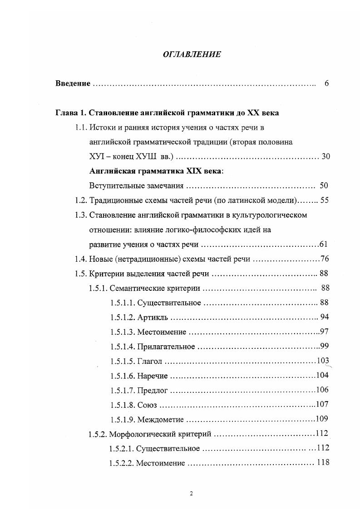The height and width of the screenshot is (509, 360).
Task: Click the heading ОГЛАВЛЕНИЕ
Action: coord(191,54)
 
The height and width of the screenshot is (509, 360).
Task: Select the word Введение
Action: coord(73,84)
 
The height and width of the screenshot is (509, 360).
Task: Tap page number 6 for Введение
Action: coord(326,84)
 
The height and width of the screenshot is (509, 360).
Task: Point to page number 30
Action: coord(325,157)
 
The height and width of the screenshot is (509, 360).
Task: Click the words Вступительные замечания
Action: coord(137,186)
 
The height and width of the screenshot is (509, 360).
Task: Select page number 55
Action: coord(325,200)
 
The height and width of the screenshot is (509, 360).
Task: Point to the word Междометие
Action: coord(162,420)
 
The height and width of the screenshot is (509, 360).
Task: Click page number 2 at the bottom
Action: coord(191,494)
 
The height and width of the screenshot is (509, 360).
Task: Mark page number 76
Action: coord(324,259)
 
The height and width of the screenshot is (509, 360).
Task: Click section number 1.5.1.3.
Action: coord(122,332)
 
